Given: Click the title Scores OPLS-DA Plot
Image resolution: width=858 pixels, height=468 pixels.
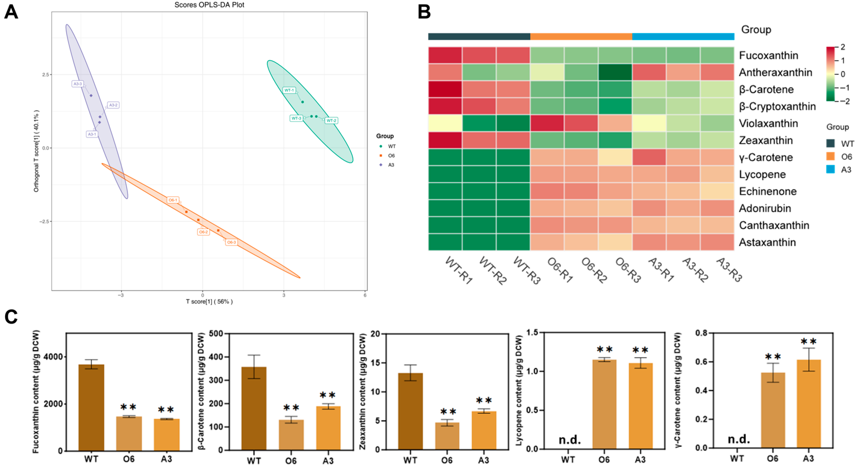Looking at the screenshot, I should click(x=209, y=5).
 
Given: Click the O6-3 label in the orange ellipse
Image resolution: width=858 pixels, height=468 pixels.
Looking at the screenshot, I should click(x=231, y=242).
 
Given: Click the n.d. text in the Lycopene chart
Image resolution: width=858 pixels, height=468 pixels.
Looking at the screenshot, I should click(x=569, y=440).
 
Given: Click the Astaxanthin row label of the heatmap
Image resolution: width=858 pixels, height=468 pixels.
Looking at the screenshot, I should click(x=767, y=242).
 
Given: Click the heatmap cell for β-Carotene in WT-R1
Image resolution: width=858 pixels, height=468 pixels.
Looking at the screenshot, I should click(x=445, y=89).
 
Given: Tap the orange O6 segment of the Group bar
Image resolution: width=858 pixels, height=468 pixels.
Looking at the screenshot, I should click(x=581, y=37).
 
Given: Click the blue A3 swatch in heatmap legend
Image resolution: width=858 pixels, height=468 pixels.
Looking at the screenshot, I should click(x=830, y=169).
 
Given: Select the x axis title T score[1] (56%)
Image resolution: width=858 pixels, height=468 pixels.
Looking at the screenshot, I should click(x=209, y=302).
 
